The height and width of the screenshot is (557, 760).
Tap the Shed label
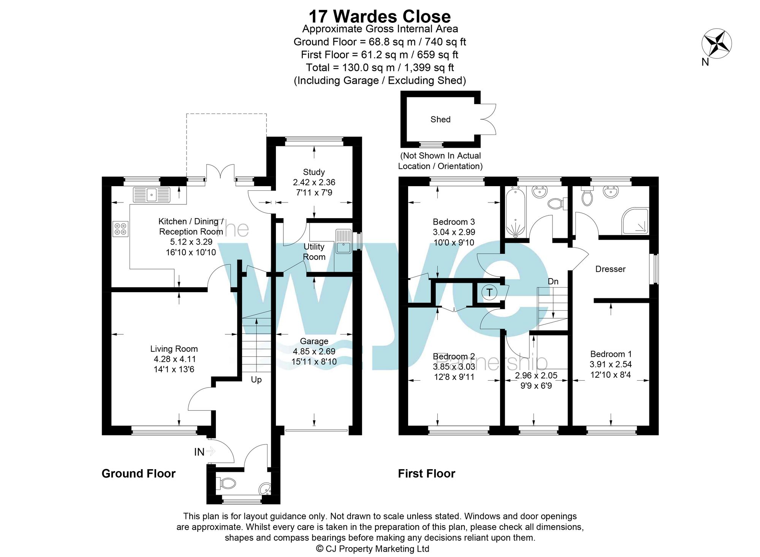click(440, 119)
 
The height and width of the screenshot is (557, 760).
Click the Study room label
click(314, 172)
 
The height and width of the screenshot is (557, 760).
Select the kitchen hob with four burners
click(120, 229)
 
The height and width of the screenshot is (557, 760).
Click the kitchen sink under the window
click(152, 195)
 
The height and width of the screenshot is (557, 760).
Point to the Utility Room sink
click(344, 242)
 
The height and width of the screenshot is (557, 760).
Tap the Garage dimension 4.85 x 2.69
click(314, 351)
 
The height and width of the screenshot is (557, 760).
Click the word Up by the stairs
click(256, 380)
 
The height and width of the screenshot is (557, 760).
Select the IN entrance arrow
click(211, 451)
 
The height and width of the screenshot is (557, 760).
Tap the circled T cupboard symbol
click(489, 292)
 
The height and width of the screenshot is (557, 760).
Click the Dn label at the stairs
click(553, 282)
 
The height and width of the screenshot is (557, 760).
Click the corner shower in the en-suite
click(636, 221)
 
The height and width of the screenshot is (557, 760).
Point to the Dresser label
click(610, 269)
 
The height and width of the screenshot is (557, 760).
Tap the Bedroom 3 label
click(454, 222)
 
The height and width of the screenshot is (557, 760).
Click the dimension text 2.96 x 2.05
click(536, 375)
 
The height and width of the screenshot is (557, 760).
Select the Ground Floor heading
click(138, 473)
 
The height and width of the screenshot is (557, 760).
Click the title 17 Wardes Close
click(380, 16)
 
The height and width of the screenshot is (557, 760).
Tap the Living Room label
click(174, 349)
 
